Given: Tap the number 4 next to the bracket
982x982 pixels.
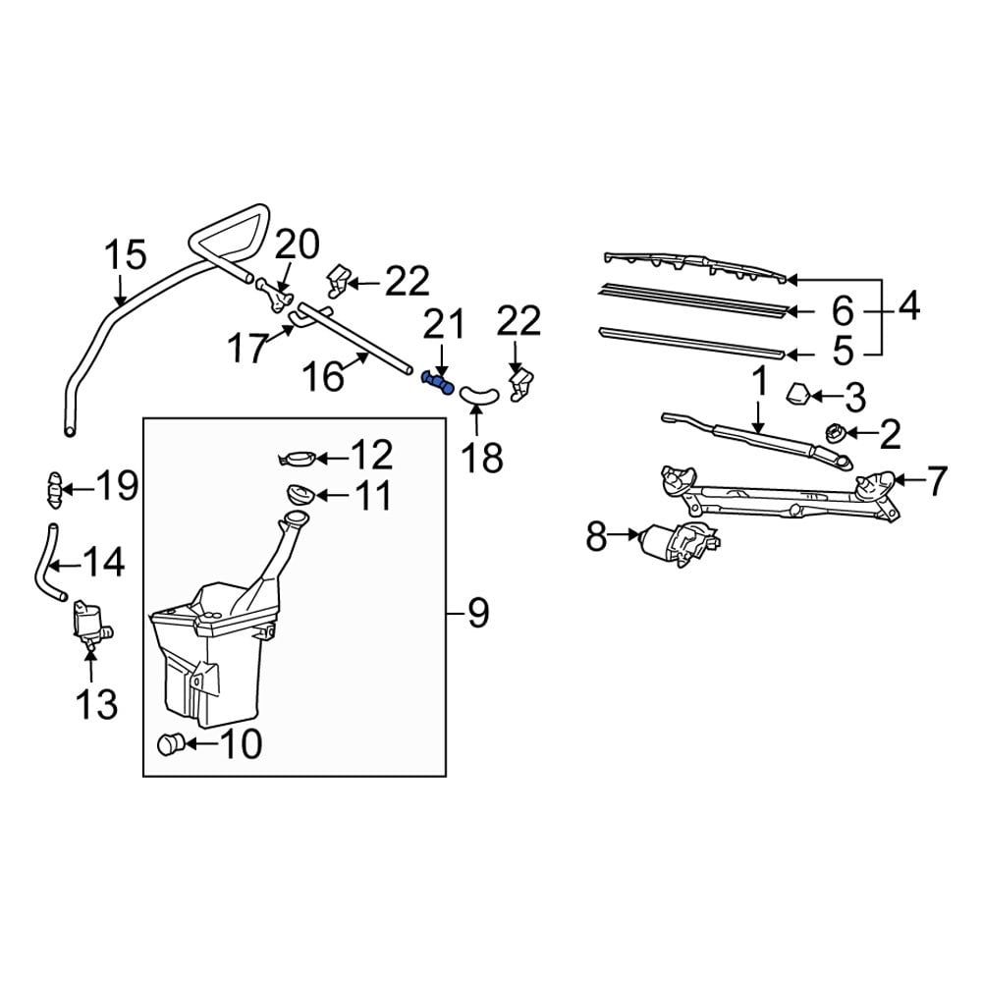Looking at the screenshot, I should [x=908, y=307].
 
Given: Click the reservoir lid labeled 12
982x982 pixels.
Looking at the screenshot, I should [x=298, y=457].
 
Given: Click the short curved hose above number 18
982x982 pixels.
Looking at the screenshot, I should [x=479, y=395].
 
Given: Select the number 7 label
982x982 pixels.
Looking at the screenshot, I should [x=937, y=481].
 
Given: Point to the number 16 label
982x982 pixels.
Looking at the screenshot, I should [x=322, y=376].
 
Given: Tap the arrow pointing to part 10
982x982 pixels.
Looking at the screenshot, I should [x=198, y=744].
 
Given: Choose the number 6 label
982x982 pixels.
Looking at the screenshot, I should [x=843, y=311].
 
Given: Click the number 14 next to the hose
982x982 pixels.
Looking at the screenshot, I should [x=102, y=564].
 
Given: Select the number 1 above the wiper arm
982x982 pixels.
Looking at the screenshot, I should [x=758, y=381].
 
